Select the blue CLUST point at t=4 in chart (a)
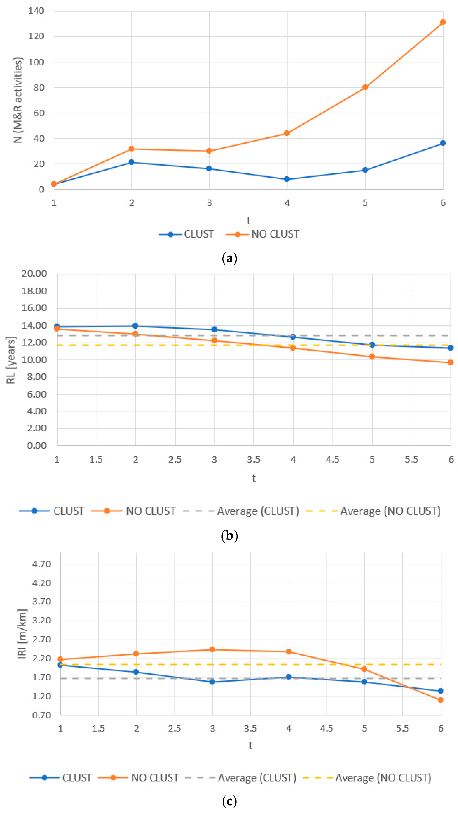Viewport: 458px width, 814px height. [x=287, y=179]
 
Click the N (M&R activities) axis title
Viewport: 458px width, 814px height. [x=18, y=100]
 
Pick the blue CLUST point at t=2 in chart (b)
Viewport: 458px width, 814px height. [x=135, y=326]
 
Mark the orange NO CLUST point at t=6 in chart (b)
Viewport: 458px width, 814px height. [x=450, y=363]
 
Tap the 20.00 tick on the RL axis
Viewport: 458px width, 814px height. [x=34, y=274]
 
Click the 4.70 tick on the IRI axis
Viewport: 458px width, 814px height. [x=41, y=564]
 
